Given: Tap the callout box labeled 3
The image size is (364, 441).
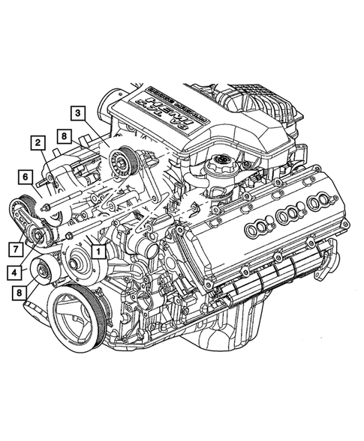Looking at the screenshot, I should pos(77,114).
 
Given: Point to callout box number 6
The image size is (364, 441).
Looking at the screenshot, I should pos(25,177).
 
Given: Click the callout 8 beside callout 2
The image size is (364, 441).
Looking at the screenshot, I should pos(66,137).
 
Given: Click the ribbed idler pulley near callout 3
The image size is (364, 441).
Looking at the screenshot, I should pos(119,161).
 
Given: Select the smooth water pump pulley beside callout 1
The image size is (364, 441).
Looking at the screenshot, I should pos(76,262).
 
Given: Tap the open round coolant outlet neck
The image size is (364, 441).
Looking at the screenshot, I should pos(148,249).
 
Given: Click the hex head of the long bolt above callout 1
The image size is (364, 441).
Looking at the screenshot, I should pos(68,234).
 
